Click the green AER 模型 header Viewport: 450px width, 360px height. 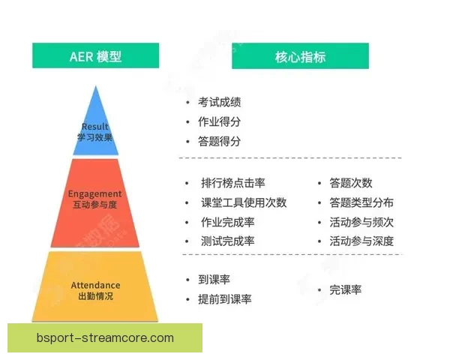(x=95, y=56)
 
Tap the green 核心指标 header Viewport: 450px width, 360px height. (x=300, y=56)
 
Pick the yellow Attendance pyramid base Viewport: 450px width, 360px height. (x=95, y=289)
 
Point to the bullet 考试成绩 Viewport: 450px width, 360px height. (x=219, y=102)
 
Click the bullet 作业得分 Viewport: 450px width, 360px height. (x=219, y=121)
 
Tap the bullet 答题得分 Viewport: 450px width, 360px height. (x=219, y=141)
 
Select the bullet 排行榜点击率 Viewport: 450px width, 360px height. (x=232, y=183)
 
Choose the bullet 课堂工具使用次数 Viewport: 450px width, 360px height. (x=243, y=202)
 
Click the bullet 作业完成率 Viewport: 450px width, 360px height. (x=227, y=222)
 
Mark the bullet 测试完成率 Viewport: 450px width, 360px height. (x=227, y=241)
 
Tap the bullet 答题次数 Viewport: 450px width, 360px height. (x=350, y=183)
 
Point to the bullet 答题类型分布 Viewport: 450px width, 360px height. (x=361, y=202)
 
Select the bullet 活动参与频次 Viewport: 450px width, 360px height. (x=361, y=222)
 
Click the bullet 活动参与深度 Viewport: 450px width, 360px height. (x=361, y=241)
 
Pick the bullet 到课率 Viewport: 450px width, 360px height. (x=214, y=280)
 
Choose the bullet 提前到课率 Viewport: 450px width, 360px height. (x=224, y=299)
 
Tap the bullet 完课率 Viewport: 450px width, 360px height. (x=345, y=289)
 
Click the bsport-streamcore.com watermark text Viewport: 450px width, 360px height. (x=105, y=338)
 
